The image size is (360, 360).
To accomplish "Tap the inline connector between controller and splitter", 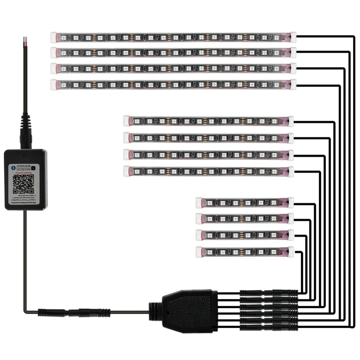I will click(74, 311).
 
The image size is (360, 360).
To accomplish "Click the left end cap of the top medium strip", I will click(126, 120).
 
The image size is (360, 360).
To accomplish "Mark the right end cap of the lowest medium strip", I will click(290, 171).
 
